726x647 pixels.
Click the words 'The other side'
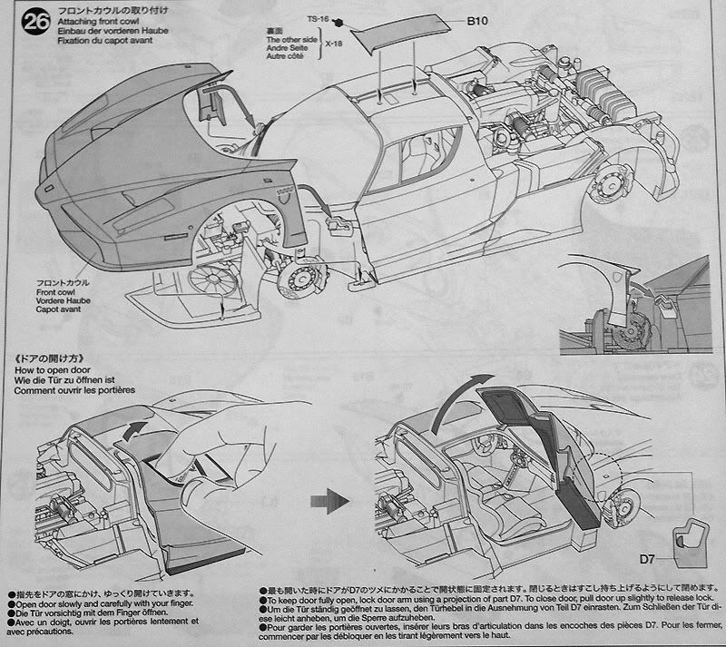(291, 41)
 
